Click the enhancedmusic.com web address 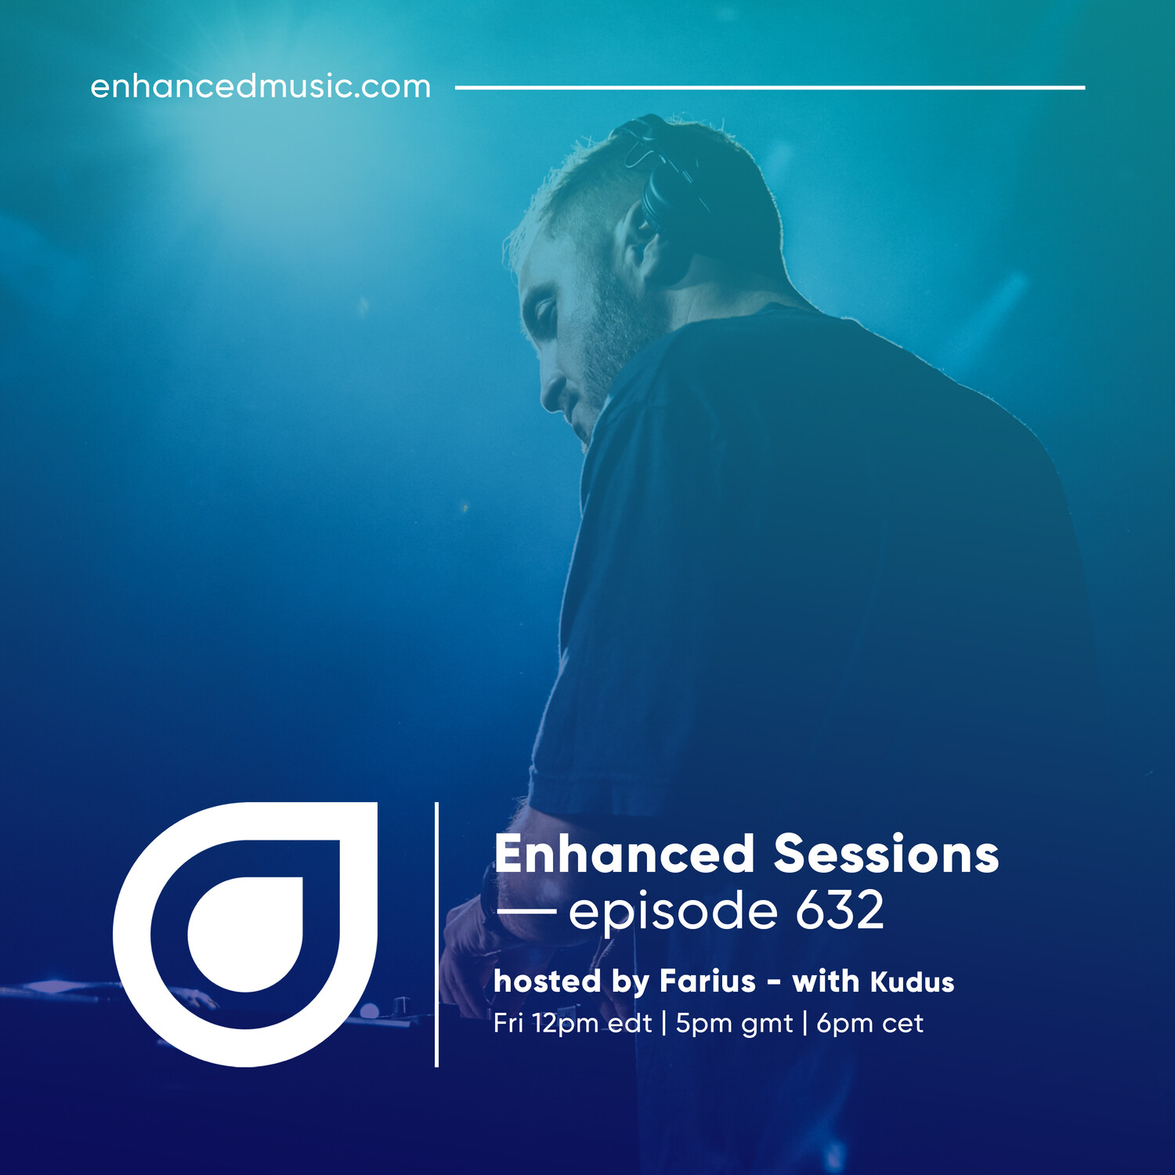260,86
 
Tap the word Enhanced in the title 624,854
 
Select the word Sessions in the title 887,854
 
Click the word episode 673,913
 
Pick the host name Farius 707,981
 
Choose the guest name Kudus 913,982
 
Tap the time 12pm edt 592,1023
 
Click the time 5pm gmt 734,1024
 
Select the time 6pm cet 869,1023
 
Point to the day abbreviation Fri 508,1023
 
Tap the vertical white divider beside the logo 436,934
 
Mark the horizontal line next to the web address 770,88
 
